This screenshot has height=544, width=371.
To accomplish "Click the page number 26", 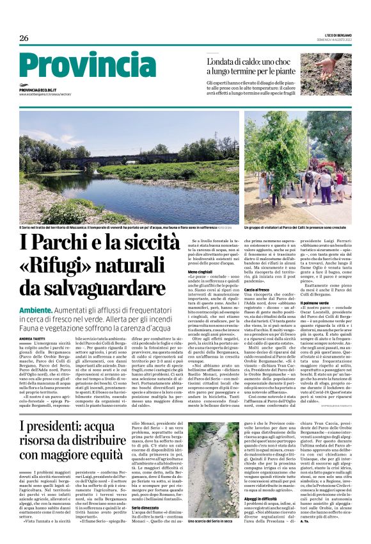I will click(x=24, y=38).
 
